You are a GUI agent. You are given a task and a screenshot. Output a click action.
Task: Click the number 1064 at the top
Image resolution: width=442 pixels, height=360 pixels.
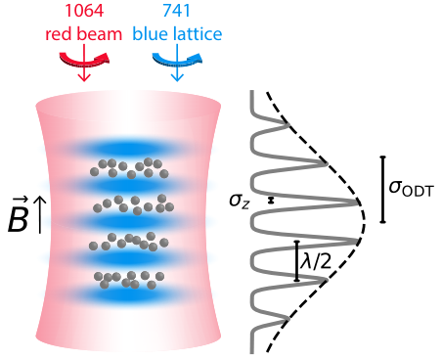tap(84, 11)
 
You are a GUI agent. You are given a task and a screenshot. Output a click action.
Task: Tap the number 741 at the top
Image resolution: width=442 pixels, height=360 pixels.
tap(176, 11)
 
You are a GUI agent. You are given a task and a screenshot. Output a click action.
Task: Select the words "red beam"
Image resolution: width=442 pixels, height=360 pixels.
tap(83, 34)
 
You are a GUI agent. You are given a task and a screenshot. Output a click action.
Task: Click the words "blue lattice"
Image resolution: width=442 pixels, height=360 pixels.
tap(177, 34)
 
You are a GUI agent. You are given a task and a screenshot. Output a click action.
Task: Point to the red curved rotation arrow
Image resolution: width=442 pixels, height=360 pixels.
tap(84, 61)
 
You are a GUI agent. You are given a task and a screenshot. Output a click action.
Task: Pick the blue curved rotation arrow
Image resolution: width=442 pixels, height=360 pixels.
tap(177, 61)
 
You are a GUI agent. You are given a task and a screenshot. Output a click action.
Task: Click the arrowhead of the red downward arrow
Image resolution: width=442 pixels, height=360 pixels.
tap(84, 77)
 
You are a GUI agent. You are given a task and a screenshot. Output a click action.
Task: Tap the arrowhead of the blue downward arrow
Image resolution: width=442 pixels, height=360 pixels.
tap(177, 77)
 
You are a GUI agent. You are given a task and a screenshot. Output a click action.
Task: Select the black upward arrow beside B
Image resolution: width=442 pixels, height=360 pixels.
tap(40, 215)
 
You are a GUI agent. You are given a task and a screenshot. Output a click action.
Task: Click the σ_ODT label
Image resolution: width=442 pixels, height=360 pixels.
tap(412, 189)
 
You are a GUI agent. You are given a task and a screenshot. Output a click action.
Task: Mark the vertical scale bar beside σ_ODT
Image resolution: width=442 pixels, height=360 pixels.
tap(383, 190)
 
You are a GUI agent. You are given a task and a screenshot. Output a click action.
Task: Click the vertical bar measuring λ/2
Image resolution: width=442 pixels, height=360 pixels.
tap(296, 261)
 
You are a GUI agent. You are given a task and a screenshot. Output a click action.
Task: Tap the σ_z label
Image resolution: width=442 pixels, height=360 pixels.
tap(240, 201)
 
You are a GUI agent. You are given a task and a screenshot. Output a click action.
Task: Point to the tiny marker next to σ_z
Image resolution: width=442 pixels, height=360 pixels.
tap(271, 201)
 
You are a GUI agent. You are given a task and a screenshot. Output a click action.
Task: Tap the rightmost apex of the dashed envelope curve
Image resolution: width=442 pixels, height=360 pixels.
tap(365, 222)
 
